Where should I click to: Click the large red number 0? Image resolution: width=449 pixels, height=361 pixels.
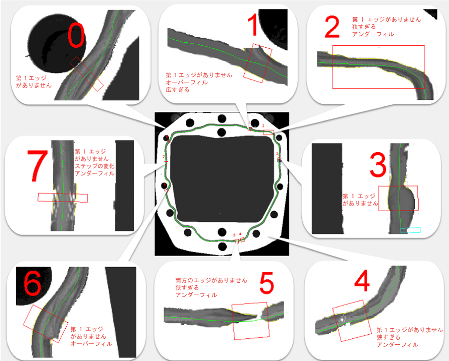click(76, 35)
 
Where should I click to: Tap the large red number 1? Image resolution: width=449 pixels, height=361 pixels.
click(254, 25)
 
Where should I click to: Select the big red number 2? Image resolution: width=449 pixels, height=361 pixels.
click(332, 27)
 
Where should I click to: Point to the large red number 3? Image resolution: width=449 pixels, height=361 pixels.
click(378, 165)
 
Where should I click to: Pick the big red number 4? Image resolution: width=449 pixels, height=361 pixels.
click(362, 281)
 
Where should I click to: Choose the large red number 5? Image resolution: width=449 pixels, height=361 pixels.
click(266, 283)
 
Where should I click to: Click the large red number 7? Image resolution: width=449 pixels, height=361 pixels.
click(37, 166)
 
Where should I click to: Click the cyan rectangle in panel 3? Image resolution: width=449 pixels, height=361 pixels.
click(410, 230)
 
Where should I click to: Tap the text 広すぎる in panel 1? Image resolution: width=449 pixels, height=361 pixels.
click(177, 90)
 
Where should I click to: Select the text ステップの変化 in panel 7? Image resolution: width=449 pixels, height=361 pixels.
click(94, 166)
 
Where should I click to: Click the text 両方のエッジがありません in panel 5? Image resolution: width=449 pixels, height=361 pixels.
click(211, 280)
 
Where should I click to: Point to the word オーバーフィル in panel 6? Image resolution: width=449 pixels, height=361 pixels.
click(91, 344)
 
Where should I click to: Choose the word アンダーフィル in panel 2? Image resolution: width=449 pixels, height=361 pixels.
click(373, 34)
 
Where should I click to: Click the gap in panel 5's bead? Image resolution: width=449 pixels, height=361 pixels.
click(260, 315)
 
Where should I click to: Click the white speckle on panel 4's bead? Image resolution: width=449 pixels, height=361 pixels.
click(342, 319)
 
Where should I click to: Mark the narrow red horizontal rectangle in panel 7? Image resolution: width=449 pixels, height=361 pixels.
click(62, 197)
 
